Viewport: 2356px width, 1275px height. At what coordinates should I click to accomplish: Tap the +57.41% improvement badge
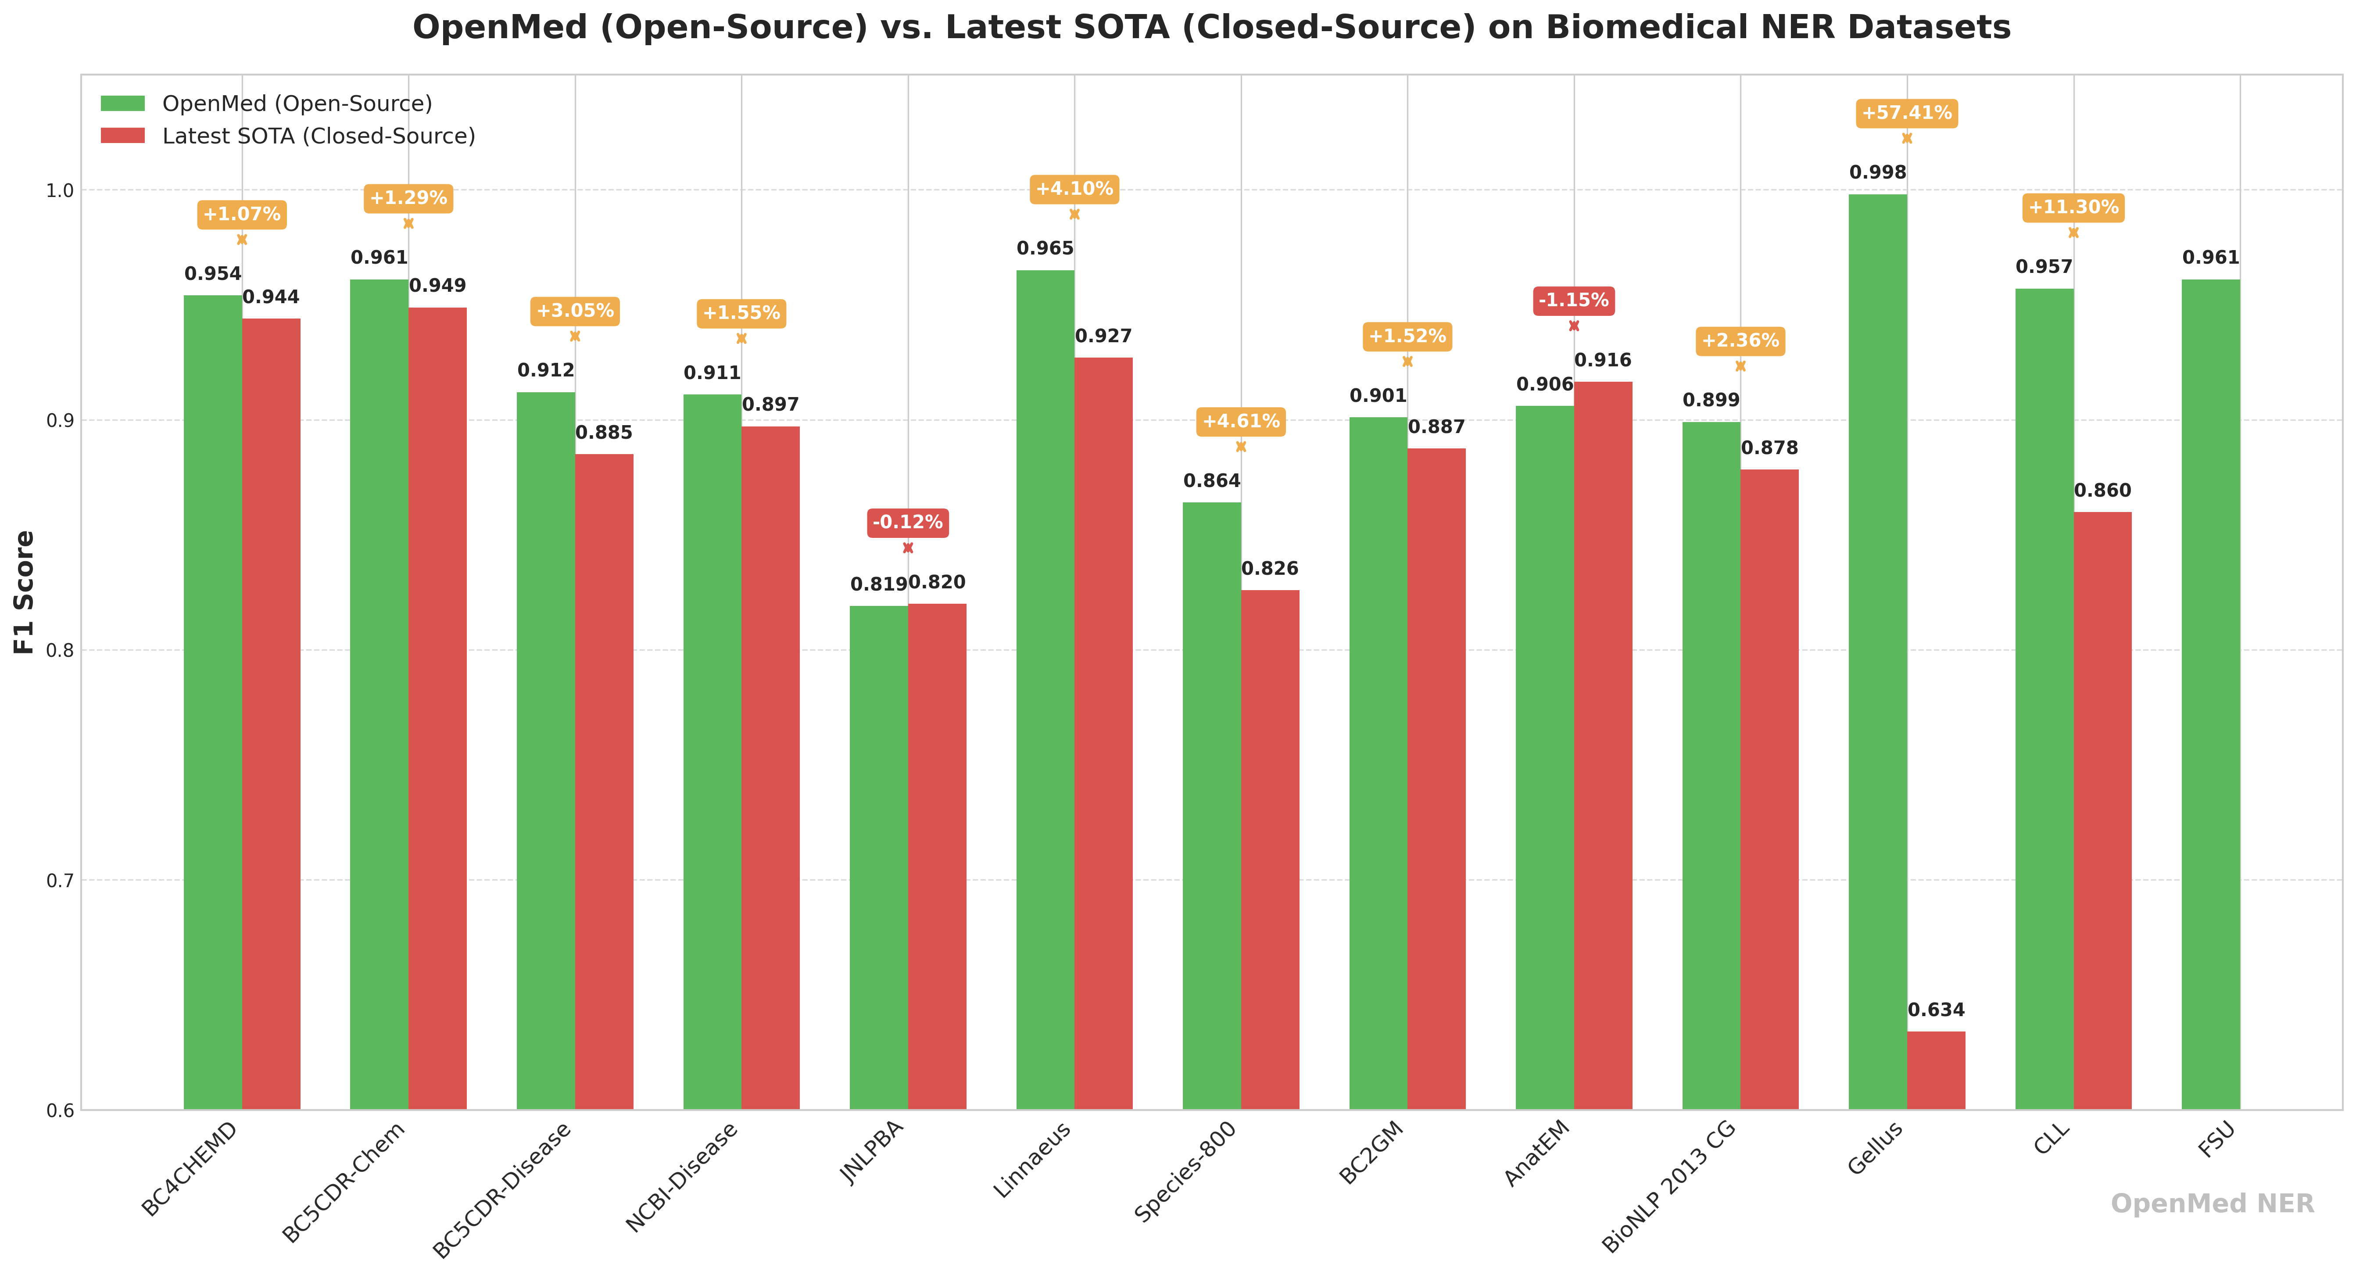[x=1907, y=113]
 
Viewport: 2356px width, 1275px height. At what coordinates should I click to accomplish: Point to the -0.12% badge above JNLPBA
[x=907, y=522]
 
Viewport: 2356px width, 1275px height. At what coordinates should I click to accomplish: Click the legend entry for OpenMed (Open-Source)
[x=296, y=104]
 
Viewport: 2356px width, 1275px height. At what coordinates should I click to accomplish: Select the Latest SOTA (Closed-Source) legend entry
[x=318, y=136]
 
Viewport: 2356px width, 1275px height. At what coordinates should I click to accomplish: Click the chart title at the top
[x=1211, y=28]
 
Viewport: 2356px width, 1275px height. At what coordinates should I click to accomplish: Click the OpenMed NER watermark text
[x=2212, y=1203]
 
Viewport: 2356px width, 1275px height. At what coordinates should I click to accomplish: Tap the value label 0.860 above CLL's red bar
[x=2102, y=491]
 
